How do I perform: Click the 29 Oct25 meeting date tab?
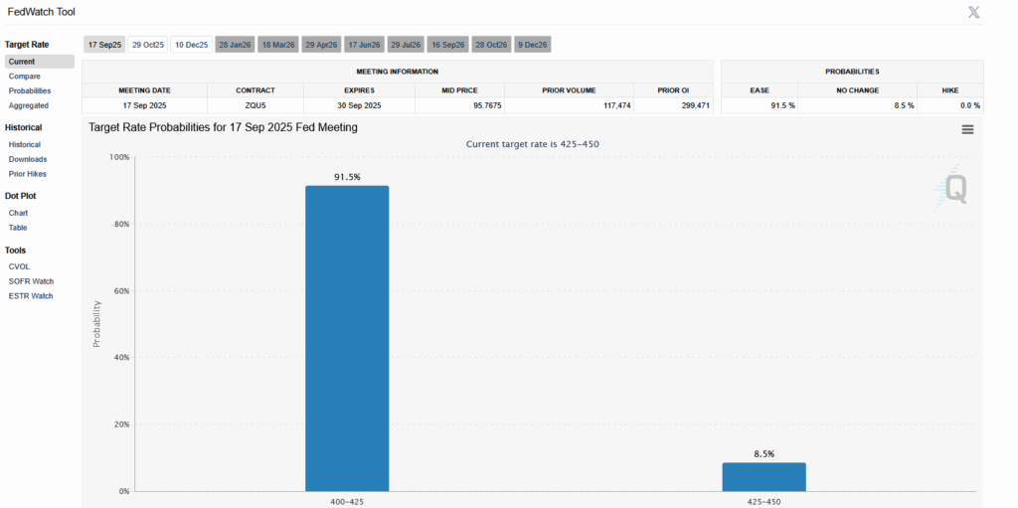coord(147,45)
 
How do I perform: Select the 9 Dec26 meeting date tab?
coord(533,45)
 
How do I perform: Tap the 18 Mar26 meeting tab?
coord(276,45)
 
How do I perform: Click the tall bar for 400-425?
coord(347,338)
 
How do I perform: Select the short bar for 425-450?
coord(763,476)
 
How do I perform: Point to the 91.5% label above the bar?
coord(347,177)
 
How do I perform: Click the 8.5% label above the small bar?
coord(763,453)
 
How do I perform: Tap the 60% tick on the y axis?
coord(118,291)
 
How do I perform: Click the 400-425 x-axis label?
coord(347,501)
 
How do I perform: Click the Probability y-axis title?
coord(96,324)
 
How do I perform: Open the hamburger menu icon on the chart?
coord(967,129)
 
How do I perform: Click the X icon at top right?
coord(975,12)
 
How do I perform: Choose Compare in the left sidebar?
coord(25,76)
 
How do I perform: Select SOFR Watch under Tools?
coord(31,281)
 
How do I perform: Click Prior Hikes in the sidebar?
coord(28,174)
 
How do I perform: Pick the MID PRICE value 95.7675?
coord(459,105)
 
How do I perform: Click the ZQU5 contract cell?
coord(255,105)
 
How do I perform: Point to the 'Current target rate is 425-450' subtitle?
coord(532,144)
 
